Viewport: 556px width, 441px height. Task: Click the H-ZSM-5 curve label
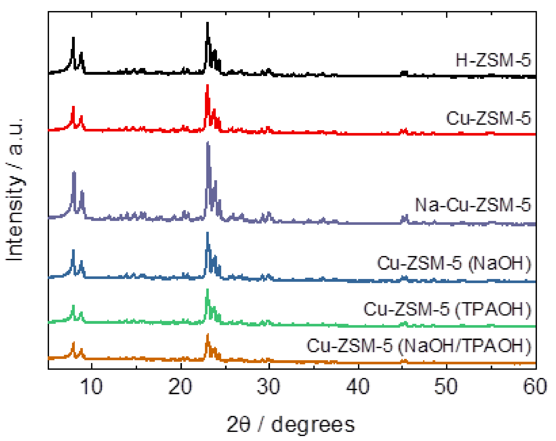pos(493,60)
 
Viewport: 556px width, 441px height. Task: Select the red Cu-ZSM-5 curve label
pos(488,118)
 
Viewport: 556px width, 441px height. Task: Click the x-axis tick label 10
pos(91,386)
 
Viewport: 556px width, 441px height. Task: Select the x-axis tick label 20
pos(180,386)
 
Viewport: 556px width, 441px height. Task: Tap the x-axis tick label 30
pos(268,386)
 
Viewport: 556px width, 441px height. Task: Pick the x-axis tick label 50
pos(446,386)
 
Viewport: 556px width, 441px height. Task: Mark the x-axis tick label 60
pos(535,386)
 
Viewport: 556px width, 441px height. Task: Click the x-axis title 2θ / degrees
pos(291,424)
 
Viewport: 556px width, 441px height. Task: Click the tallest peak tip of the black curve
pos(207,23)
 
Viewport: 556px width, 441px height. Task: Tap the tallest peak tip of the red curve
pos(207,85)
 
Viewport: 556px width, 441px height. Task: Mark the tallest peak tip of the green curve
pos(207,290)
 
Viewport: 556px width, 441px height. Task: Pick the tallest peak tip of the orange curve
pos(207,334)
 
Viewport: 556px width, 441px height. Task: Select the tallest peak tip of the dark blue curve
pos(207,233)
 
